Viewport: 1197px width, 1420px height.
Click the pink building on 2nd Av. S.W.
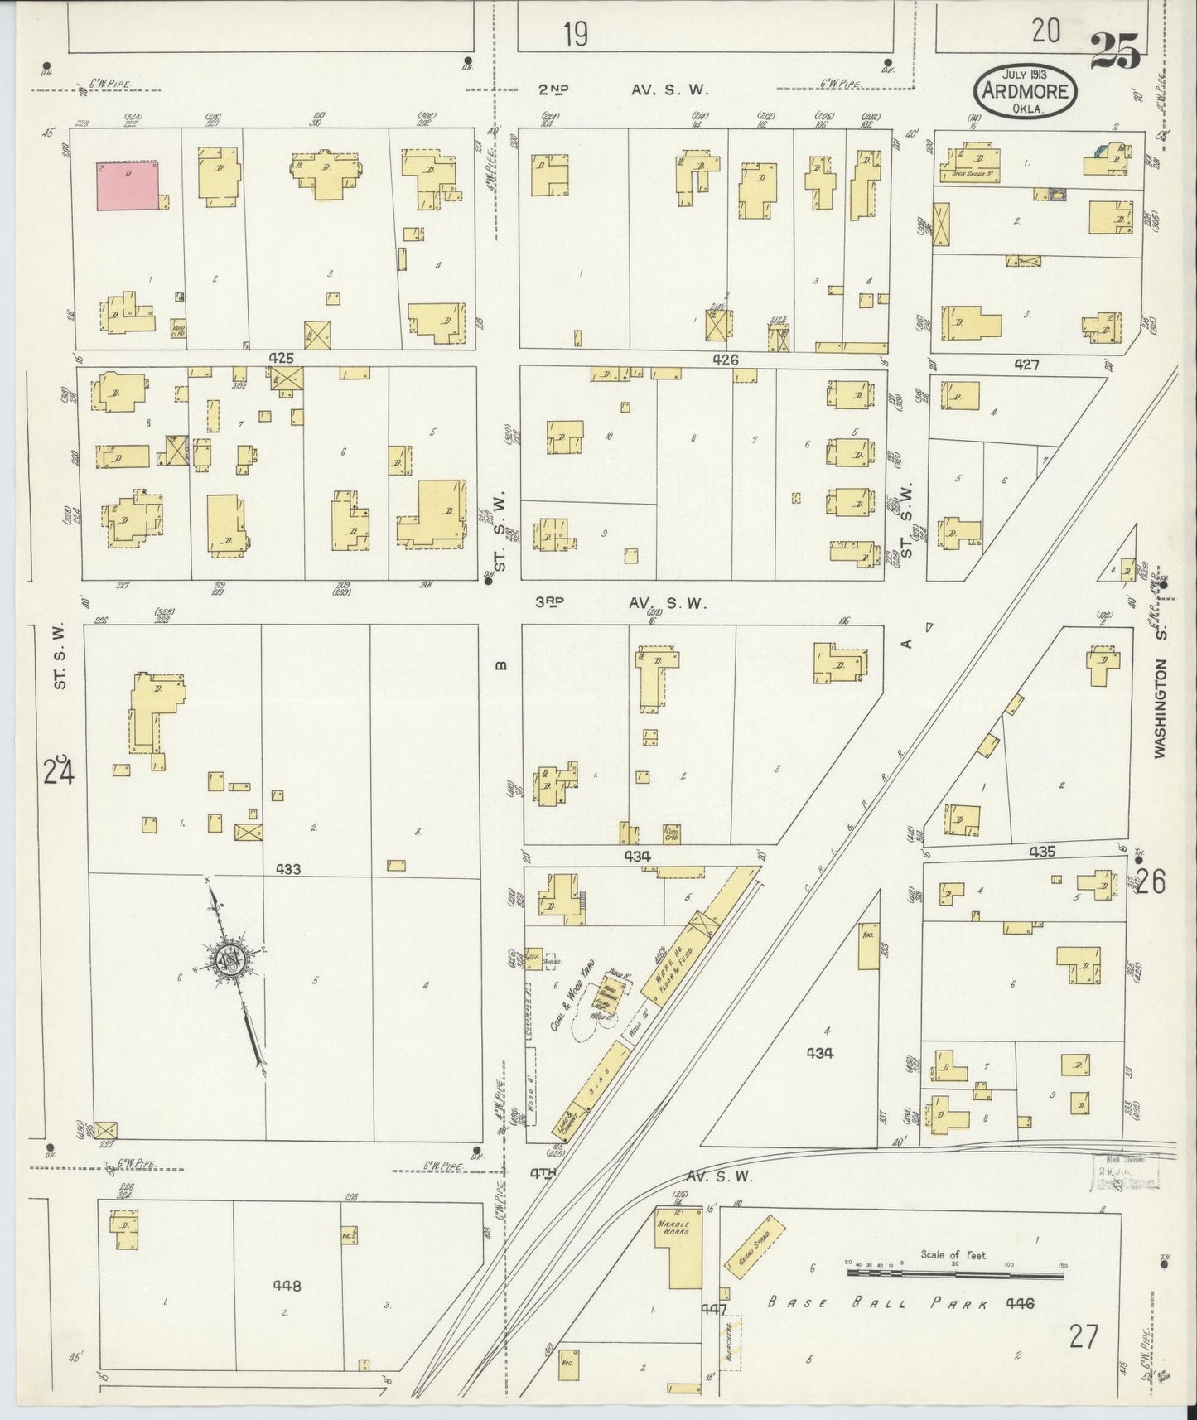coord(128,186)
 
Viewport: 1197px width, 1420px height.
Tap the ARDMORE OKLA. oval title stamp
coord(1026,91)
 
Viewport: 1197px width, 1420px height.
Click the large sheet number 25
coord(1115,51)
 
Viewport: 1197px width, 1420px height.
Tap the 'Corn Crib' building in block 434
coord(672,833)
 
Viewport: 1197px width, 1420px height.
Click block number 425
coord(282,359)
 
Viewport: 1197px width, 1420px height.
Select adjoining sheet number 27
coord(1083,1335)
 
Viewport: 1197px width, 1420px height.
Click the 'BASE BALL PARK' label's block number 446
coord(1019,1303)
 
